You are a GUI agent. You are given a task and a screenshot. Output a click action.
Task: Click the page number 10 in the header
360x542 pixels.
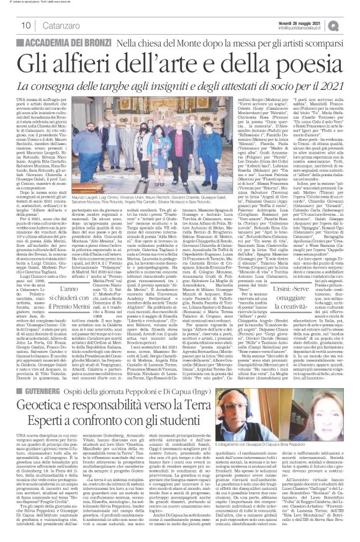pyautogui.click(x=11, y=24)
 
